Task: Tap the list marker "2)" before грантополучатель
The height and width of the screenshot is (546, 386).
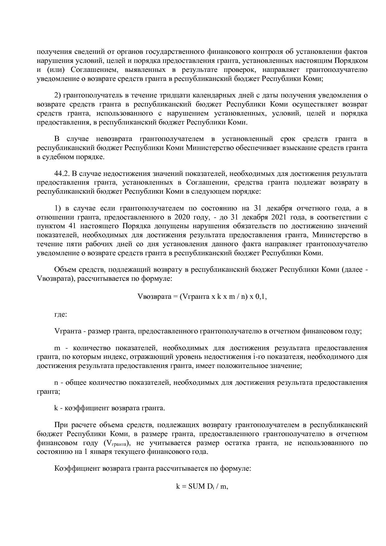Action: pyautogui.click(x=58, y=95)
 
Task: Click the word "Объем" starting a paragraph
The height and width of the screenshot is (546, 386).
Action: pyautogui.click(x=64, y=270)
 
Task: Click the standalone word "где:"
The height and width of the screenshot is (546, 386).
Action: pyautogui.click(x=60, y=314)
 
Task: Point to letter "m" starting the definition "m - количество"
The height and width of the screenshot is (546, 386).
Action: pyautogui.click(x=57, y=348)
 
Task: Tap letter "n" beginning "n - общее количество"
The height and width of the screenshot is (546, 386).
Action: pyautogui.click(x=56, y=383)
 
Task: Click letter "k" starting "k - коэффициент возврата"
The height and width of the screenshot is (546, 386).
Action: pyautogui.click(x=56, y=408)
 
